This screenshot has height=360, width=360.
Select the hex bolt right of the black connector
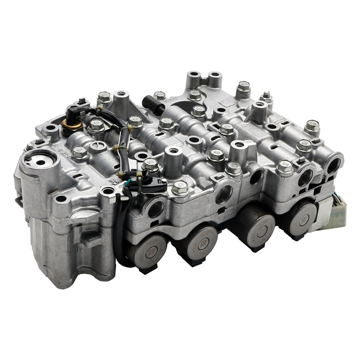point(180,187)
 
